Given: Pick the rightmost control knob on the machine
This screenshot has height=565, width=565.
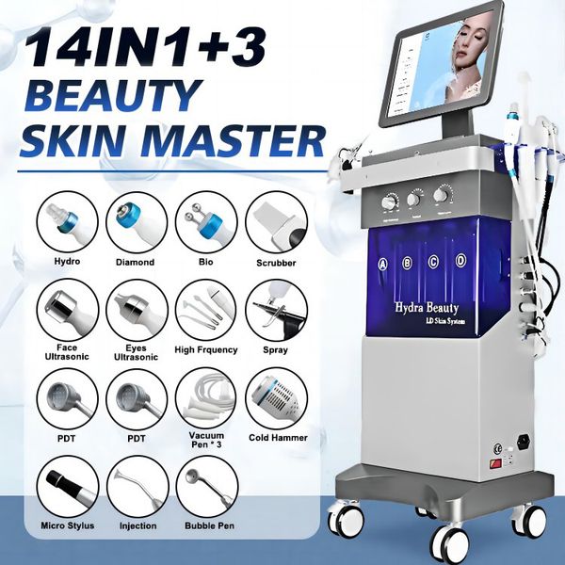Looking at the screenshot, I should pos(442,195).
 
